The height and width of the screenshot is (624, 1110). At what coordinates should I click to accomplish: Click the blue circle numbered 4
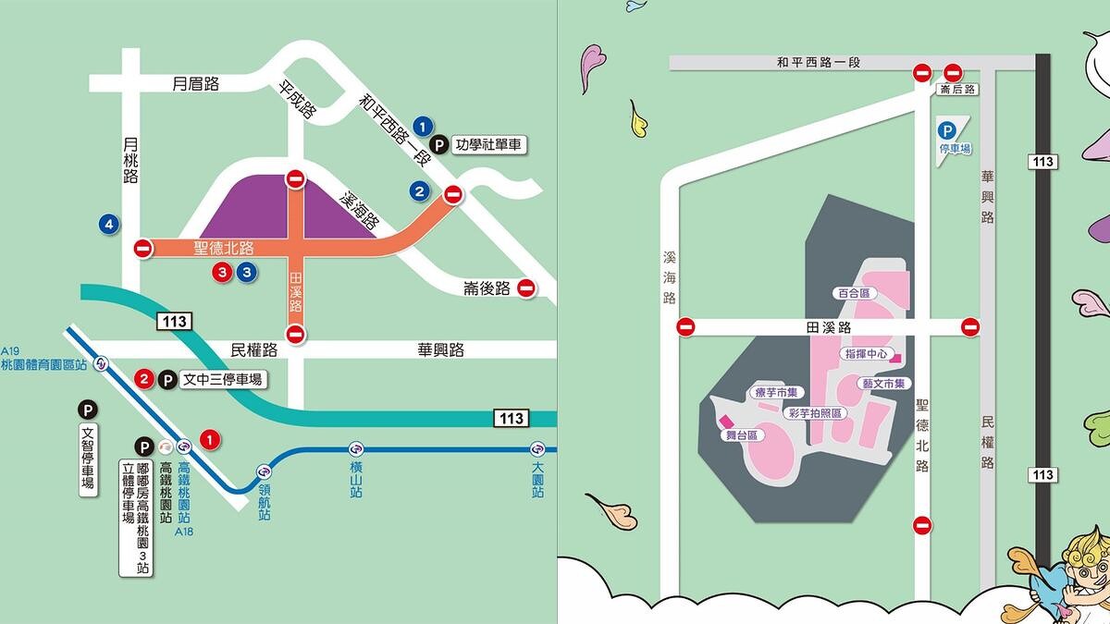pos(110,224)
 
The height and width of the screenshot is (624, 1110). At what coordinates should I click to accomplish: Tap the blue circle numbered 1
pos(423,126)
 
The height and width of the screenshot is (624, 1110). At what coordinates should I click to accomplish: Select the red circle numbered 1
pos(211,439)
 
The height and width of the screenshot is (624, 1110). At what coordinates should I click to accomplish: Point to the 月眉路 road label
pos(196,84)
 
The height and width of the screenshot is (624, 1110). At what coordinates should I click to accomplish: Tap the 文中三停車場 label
pos(222,379)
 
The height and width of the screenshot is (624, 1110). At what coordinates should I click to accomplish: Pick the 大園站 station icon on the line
pos(537,449)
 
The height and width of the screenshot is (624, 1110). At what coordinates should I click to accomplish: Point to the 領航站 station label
pos(265,500)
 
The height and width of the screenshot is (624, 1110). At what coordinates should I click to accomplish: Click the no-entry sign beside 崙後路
pos(526,288)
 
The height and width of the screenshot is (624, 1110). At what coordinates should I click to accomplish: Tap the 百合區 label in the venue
pos(853,293)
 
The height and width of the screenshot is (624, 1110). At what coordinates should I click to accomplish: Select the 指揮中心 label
pos(865,354)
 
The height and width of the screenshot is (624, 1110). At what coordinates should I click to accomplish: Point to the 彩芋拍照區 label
pos(815,413)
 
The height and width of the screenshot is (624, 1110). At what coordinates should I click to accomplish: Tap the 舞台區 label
pos(740,434)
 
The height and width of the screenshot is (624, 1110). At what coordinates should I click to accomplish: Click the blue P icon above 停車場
pos(947,131)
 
